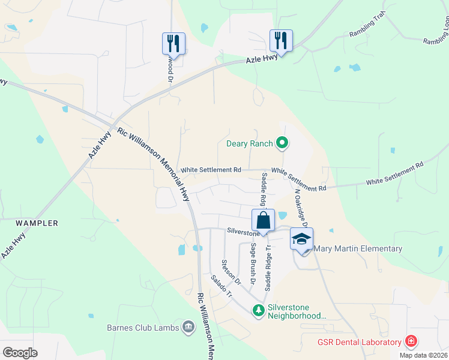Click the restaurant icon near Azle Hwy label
[x=280, y=41]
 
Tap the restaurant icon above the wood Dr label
[x=173, y=43]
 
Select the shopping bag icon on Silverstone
[x=264, y=220]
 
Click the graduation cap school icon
[x=301, y=239]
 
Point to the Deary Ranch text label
[x=249, y=143]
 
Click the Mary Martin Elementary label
[x=358, y=248]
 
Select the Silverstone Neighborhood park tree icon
[x=258, y=310]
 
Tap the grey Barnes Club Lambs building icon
[x=188, y=327]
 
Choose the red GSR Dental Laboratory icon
[x=411, y=342]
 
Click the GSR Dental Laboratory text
[x=359, y=343]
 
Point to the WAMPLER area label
[x=37, y=223]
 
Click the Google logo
[x=20, y=352]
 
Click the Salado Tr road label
[x=221, y=287]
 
